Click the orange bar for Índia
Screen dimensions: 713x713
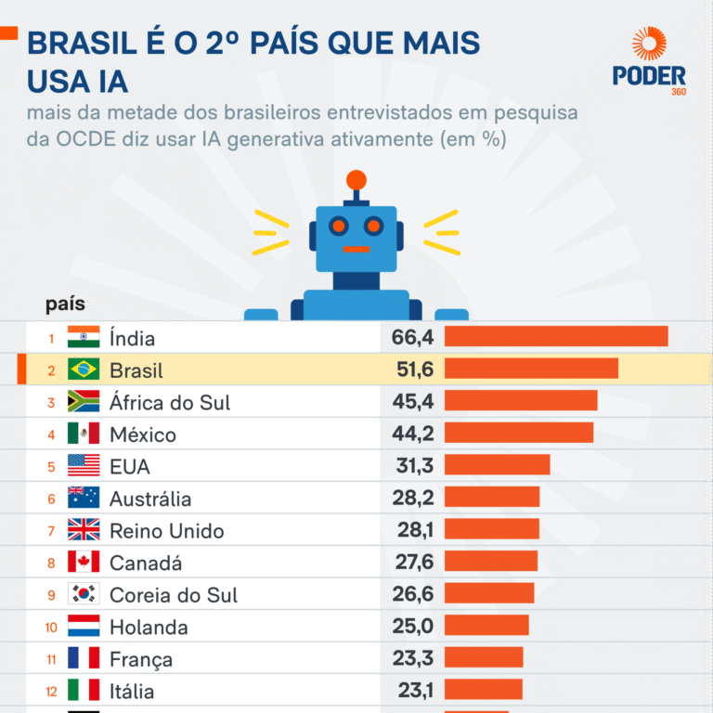tap(555, 336)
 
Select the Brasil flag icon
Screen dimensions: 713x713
tap(84, 369)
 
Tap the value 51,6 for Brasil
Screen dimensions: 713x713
tap(412, 369)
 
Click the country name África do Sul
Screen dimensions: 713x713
tap(170, 402)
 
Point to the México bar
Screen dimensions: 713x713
tap(518, 433)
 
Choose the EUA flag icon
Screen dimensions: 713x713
tap(84, 465)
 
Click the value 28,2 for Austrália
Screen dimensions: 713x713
tap(412, 498)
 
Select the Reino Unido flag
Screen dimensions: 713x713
tap(84, 530)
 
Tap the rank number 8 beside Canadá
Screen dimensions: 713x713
tap(52, 563)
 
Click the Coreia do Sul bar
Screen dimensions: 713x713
tap(489, 593)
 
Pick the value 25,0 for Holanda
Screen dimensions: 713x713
tap(412, 626)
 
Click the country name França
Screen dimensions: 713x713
tap(141, 659)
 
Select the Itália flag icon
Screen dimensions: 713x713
tap(84, 690)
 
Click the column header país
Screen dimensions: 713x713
tap(65, 304)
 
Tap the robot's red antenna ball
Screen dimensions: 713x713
tap(356, 179)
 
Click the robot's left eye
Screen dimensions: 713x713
tap(339, 226)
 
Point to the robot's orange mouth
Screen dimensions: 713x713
tap(356, 249)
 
